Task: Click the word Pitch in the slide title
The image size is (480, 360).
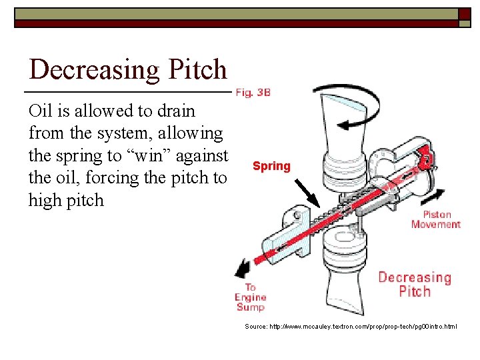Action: point(198,70)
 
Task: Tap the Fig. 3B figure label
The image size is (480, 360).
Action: point(253,93)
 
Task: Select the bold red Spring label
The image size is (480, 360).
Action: point(271,166)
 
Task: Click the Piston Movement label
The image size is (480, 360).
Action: point(435,219)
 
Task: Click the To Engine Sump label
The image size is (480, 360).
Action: point(250,297)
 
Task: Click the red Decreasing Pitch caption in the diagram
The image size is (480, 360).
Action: point(415,284)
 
